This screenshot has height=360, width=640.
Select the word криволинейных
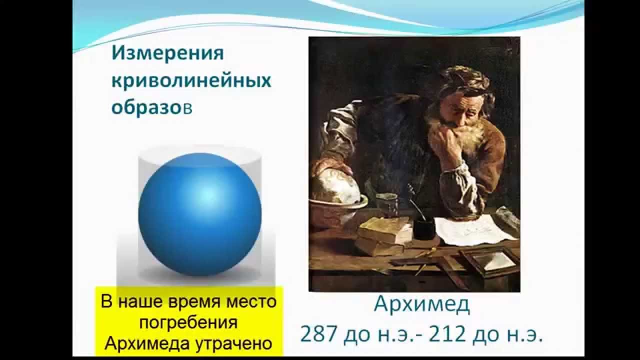191,81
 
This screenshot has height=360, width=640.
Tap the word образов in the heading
151,107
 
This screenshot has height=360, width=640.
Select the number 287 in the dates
318,334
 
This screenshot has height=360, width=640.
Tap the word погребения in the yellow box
188,322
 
